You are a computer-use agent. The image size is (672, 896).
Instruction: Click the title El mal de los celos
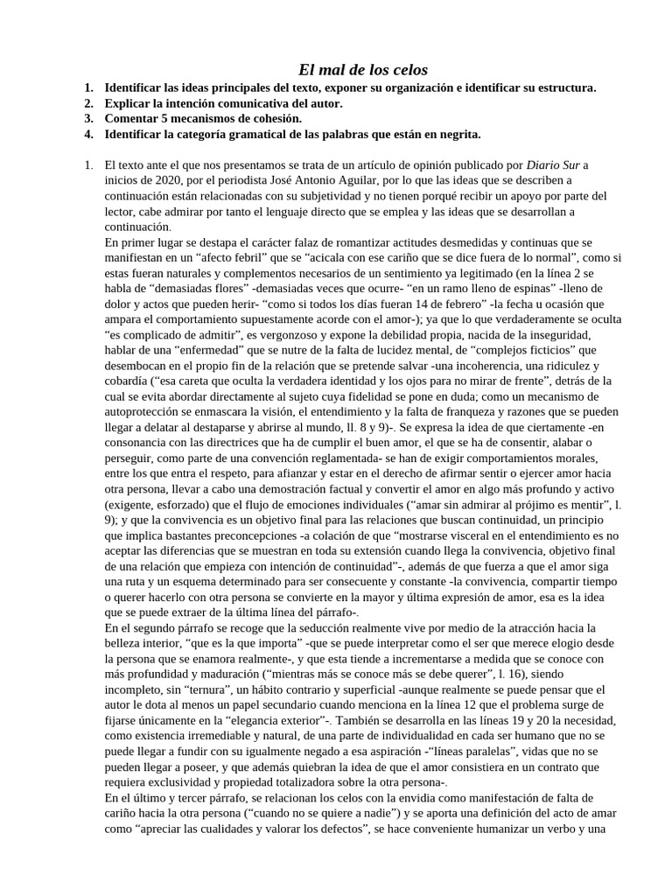[351, 69]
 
